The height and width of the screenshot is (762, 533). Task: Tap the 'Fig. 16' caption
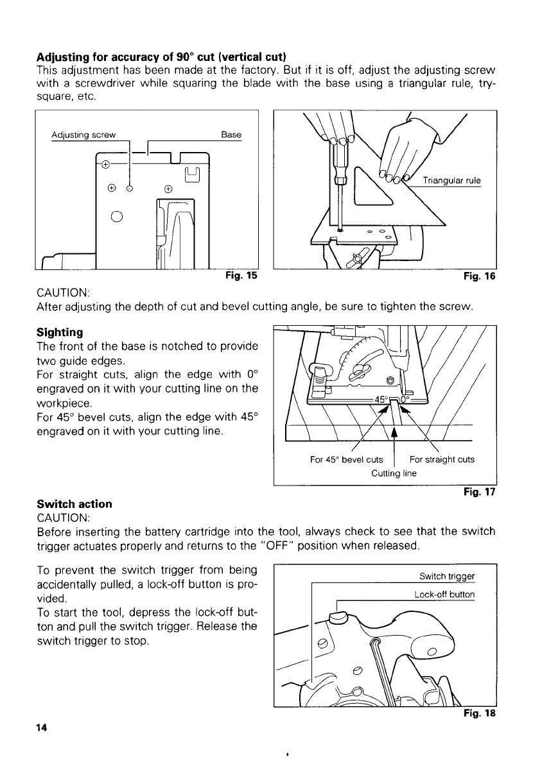click(481, 276)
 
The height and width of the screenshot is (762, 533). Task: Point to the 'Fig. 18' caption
click(481, 713)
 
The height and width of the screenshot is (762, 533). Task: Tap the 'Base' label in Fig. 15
click(231, 135)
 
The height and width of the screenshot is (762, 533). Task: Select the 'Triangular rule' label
click(452, 180)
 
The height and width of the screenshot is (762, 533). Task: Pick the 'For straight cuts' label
click(442, 459)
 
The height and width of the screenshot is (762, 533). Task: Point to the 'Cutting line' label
click(394, 473)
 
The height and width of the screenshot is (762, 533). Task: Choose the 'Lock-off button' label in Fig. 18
click(444, 595)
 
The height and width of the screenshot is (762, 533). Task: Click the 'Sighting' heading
click(60, 332)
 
